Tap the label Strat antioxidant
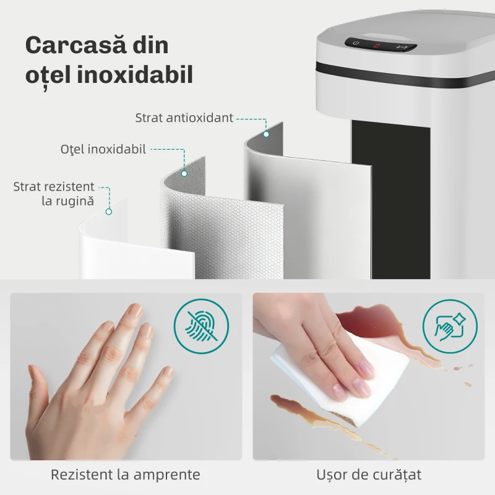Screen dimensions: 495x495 pos(184,118)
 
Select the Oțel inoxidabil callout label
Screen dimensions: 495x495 pos(103,149)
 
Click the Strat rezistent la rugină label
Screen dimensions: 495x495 pos(54,194)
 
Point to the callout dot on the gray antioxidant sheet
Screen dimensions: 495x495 pos(266,134)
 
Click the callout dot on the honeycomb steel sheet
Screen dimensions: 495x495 pos(184,173)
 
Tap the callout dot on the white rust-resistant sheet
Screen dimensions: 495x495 pos(109,212)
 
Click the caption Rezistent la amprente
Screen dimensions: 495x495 pos(126,475)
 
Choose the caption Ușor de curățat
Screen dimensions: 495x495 pos(369,475)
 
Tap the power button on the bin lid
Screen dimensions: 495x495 pos(356,43)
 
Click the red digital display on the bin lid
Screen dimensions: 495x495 pos(376,45)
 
